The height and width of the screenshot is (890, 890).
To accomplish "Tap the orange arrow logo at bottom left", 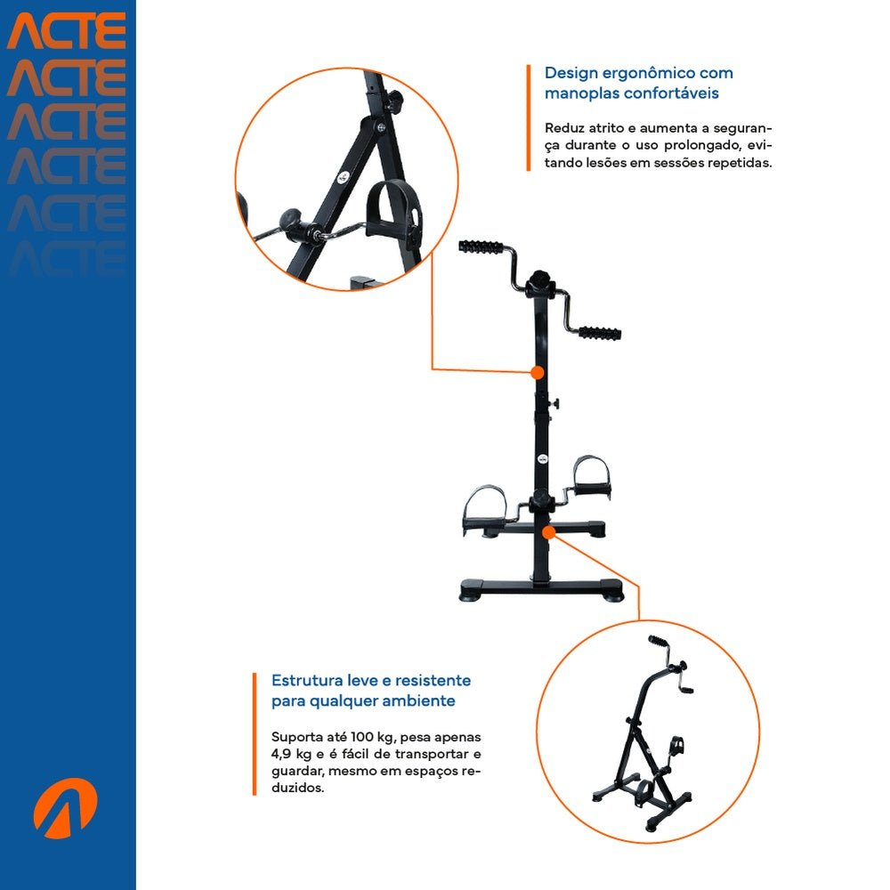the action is click(x=65, y=808).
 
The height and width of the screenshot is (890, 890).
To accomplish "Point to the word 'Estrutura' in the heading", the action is click(x=306, y=681).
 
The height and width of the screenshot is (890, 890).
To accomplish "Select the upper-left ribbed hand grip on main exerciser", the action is click(x=481, y=247).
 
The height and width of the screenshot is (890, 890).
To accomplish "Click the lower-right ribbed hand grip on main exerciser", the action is click(x=599, y=333).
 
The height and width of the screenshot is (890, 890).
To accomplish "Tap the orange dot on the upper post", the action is click(x=537, y=373).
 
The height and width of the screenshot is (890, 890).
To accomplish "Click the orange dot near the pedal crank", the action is click(x=548, y=532).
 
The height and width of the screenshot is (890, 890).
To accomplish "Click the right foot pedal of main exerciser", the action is click(x=592, y=475).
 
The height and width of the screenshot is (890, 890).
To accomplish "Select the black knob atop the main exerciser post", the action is click(x=539, y=282).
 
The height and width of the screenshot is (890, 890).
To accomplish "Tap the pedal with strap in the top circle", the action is click(x=394, y=211).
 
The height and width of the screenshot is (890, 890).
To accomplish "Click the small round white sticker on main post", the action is click(x=543, y=458).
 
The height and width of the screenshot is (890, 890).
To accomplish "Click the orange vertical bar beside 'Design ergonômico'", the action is click(x=529, y=117).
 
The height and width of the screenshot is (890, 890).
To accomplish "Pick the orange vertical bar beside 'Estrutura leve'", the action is click(x=255, y=734).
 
